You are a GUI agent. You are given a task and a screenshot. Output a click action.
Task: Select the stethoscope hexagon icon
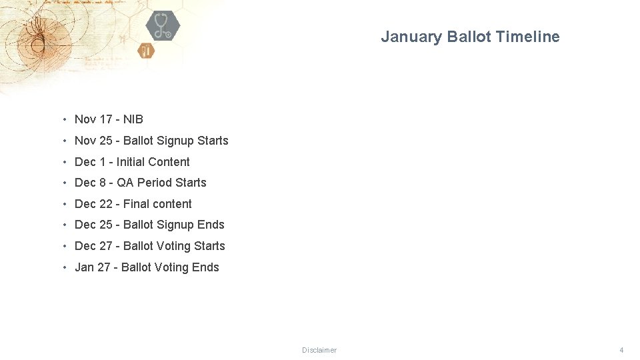coord(162,26)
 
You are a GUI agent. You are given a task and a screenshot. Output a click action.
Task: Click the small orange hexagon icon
coord(146,50)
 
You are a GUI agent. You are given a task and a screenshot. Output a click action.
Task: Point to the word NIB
coord(133,119)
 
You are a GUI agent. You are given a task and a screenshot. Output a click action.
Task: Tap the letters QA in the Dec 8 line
coord(125,183)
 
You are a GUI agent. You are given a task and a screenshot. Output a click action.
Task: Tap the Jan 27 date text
coord(93,267)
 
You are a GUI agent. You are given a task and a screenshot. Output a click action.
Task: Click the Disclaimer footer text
coord(319,350)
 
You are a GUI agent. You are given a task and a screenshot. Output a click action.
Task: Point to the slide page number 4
coord(621,350)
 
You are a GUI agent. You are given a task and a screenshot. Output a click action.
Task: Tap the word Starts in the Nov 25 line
coord(213,141)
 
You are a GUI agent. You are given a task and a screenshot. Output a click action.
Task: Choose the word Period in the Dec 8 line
coord(155,183)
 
